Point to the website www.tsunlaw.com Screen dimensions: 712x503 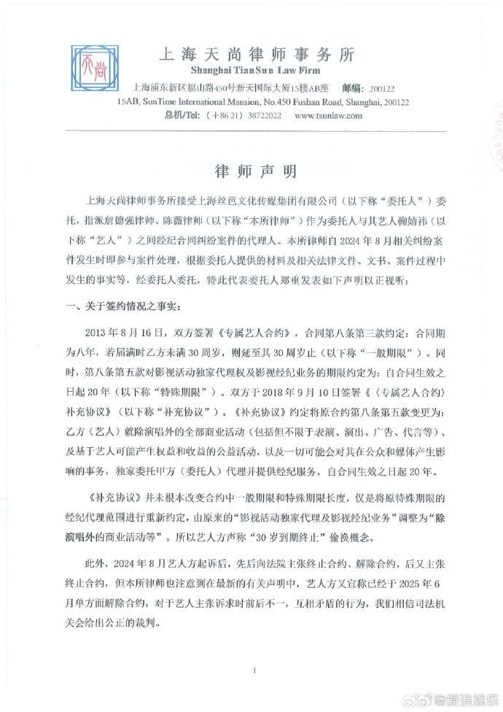pyautogui.click(x=328, y=115)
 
